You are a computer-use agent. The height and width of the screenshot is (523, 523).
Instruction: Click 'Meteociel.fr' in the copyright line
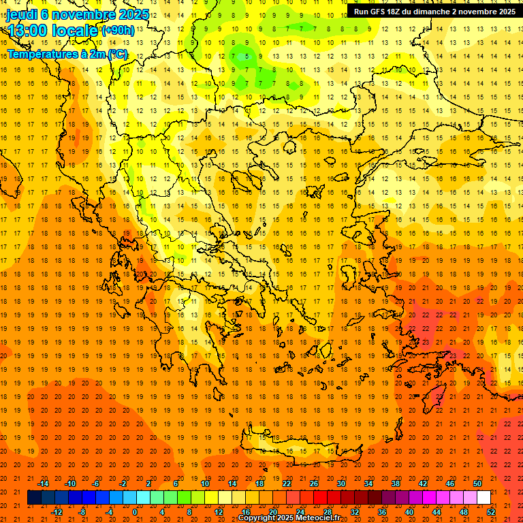318,518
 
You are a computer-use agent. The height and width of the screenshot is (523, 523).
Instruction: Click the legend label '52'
491,512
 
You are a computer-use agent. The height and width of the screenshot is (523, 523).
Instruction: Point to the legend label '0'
134,512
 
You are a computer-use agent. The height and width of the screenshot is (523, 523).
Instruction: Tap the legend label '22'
287,484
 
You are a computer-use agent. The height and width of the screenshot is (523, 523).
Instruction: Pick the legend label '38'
395,484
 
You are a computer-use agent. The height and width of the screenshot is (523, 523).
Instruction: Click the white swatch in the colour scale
484,498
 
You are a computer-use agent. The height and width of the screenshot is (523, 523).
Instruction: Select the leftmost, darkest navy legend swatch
34,498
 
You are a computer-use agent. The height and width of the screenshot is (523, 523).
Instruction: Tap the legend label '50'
477,484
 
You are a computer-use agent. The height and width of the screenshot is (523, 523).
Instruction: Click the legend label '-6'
96,484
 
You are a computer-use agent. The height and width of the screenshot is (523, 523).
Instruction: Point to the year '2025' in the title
133,14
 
